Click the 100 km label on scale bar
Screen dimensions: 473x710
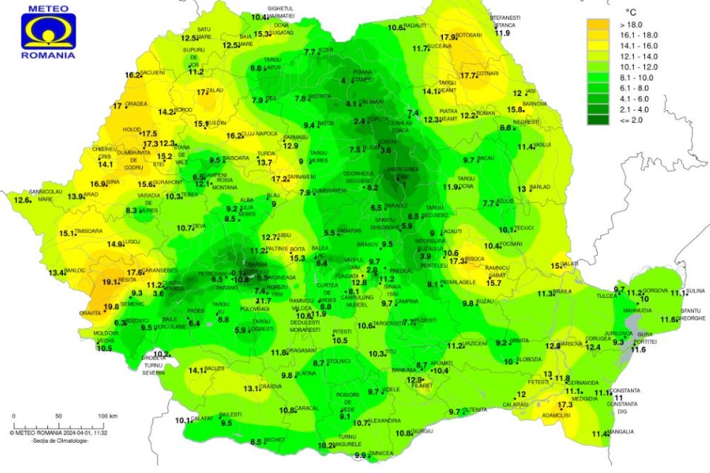pyautogui.click(x=109, y=416)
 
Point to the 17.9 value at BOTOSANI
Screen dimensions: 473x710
pyautogui.click(x=448, y=37)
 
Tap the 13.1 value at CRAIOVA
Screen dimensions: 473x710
pyautogui.click(x=252, y=388)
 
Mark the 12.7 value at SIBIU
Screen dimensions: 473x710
pyautogui.click(x=270, y=237)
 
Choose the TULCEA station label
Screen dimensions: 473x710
pyautogui.click(x=607, y=295)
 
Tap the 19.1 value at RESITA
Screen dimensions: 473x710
pyautogui.click(x=110, y=282)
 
